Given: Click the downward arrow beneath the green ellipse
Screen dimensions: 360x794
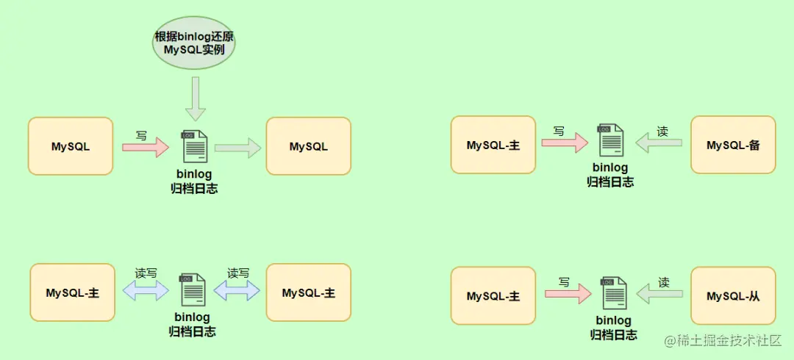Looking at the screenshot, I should (x=196, y=98).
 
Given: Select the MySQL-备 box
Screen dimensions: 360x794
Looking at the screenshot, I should (x=733, y=145).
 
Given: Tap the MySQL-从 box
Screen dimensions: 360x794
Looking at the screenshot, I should (x=733, y=296).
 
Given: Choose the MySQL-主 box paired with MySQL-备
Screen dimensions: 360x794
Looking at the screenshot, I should (x=493, y=145).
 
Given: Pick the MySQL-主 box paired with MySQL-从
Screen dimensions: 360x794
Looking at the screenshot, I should (x=493, y=296).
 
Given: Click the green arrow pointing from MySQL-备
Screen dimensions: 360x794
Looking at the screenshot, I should (x=659, y=143).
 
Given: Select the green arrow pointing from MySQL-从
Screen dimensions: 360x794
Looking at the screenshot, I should (x=659, y=295).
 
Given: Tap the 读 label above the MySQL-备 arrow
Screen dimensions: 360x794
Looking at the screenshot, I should (x=662, y=132).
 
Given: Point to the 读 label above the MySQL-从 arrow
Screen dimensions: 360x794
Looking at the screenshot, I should (x=664, y=282).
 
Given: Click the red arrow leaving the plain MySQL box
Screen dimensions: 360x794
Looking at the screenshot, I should (x=145, y=147).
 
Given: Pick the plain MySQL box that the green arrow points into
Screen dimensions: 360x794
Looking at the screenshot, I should (x=308, y=146).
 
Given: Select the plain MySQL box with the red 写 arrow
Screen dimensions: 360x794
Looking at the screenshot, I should (x=71, y=146).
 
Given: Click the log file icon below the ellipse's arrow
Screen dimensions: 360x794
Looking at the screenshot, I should (x=194, y=146).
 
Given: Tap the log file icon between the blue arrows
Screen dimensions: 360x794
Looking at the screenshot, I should (x=192, y=290).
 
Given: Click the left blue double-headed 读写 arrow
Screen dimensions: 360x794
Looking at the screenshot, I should (x=146, y=291).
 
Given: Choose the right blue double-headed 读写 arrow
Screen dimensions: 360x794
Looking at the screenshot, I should (x=237, y=291).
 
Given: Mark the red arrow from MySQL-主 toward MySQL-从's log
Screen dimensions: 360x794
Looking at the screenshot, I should (x=568, y=295).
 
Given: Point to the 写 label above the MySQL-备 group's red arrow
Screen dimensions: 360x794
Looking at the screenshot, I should (x=559, y=132).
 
